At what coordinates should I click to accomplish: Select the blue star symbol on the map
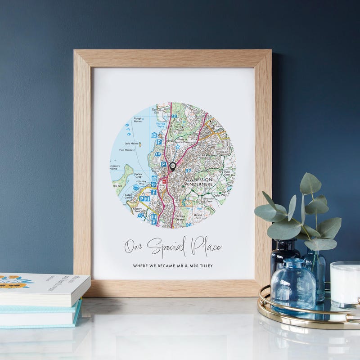pyautogui.click(x=177, y=146)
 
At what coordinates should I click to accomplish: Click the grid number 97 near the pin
pyautogui.click(x=188, y=171)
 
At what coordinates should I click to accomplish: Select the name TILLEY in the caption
pyautogui.click(x=205, y=265)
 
